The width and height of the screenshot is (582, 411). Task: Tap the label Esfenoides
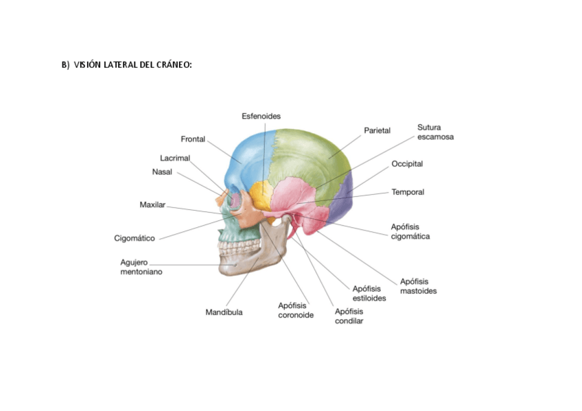point(261,116)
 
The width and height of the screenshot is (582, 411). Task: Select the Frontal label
point(193,139)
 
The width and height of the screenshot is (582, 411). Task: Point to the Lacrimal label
point(174,158)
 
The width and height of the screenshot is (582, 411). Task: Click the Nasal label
point(162,172)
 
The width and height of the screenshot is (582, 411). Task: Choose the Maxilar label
point(152,204)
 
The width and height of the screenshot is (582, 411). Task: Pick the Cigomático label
point(135,238)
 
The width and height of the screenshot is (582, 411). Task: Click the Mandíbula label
point(224,312)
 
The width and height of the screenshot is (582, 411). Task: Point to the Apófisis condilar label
point(349,316)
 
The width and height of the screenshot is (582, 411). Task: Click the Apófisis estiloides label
point(369,293)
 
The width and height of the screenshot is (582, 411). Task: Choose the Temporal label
point(408,192)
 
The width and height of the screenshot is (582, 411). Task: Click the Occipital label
point(407,164)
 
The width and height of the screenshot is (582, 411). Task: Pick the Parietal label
point(377,130)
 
